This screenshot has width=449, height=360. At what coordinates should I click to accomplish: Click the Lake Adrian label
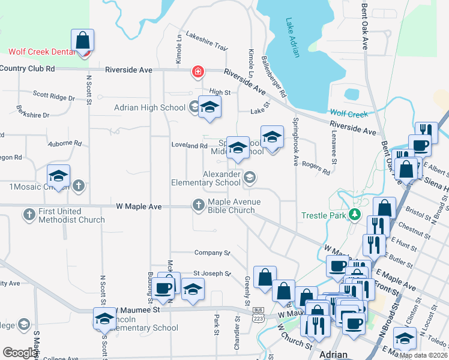(293, 37)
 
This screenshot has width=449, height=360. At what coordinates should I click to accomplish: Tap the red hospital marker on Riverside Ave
(197, 73)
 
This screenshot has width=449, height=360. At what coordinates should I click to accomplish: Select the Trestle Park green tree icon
(355, 214)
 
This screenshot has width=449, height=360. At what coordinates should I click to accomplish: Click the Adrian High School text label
(149, 108)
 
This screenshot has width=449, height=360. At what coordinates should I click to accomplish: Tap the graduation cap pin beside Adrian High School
(209, 107)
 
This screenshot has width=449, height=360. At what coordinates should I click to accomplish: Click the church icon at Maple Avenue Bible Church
(199, 205)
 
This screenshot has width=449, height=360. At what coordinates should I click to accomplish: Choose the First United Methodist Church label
(71, 216)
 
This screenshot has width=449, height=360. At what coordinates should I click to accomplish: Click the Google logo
(20, 353)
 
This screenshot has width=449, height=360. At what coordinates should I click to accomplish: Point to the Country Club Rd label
(28, 68)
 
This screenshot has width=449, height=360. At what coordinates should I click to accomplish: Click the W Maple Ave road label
(139, 206)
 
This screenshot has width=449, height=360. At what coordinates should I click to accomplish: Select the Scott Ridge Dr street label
(53, 95)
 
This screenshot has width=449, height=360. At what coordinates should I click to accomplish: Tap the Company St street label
(212, 253)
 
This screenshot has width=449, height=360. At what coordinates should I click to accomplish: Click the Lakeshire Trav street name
(207, 41)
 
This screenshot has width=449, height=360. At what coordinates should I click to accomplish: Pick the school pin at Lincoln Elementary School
(104, 319)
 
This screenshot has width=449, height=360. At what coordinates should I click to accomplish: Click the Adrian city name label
(333, 353)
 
